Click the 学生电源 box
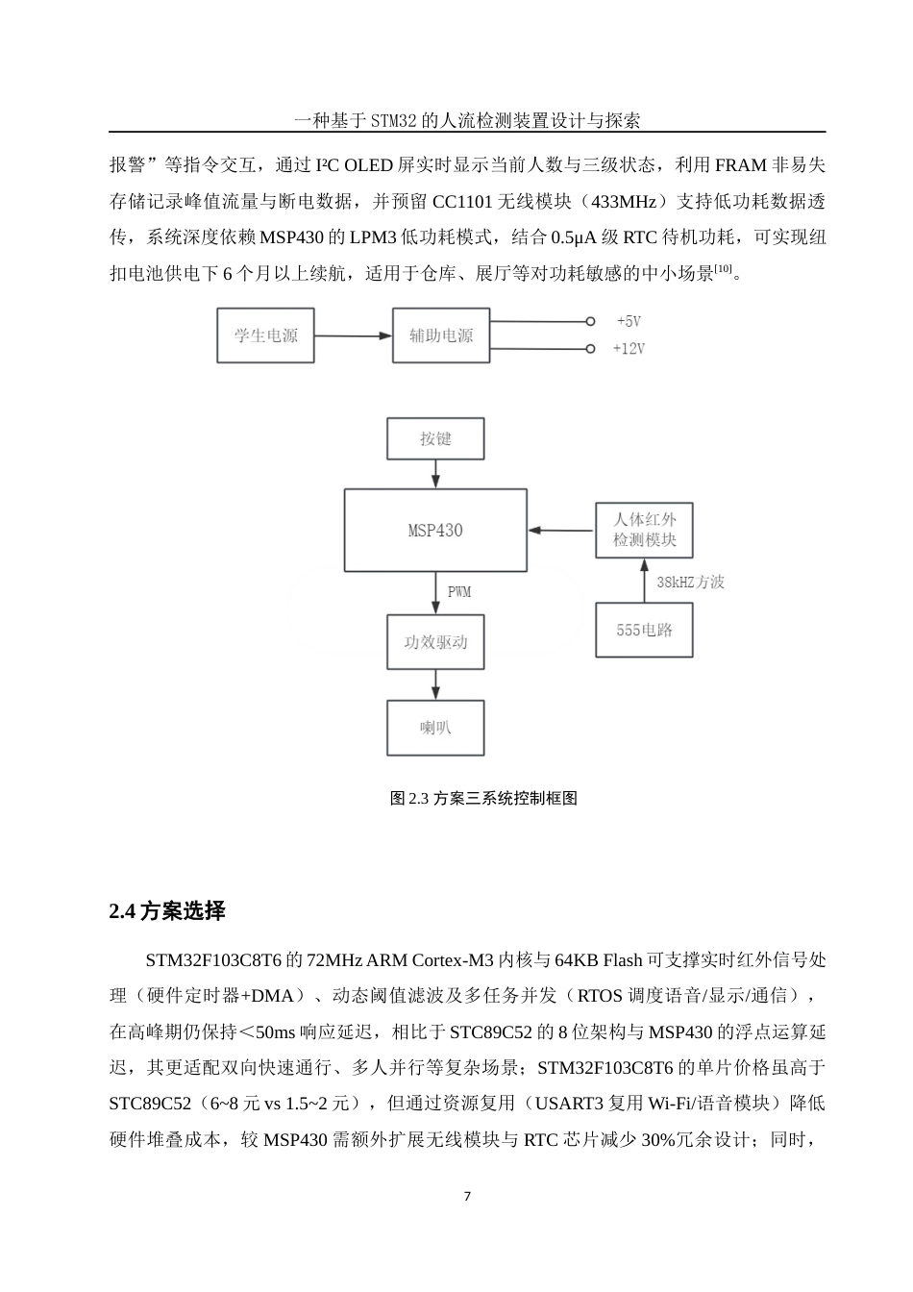tap(265, 335)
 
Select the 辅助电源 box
tap(441, 335)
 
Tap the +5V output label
tap(629, 321)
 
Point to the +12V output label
tap(629, 349)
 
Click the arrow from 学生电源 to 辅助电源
tap(354, 335)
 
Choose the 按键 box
tap(435, 438)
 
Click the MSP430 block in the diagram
tap(435, 531)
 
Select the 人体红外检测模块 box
tap(644, 530)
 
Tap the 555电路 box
tap(644, 631)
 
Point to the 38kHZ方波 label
tap(690, 583)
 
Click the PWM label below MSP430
tap(459, 592)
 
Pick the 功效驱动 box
tap(435, 642)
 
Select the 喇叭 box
tap(435, 728)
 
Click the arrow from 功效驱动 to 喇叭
tap(436, 684)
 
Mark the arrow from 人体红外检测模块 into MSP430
tap(561, 530)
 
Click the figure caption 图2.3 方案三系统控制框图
tap(483, 798)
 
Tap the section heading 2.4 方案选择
tap(167, 911)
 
